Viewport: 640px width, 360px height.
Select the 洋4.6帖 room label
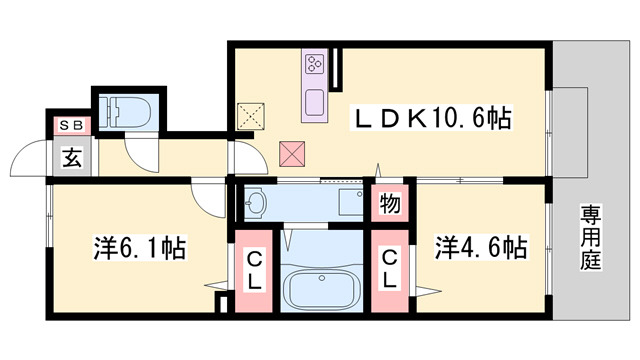point(481,246)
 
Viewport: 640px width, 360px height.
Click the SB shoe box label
point(71,125)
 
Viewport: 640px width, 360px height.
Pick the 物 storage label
point(390,204)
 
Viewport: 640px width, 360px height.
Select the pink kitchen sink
point(314,102)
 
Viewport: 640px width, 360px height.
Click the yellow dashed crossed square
point(249,116)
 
